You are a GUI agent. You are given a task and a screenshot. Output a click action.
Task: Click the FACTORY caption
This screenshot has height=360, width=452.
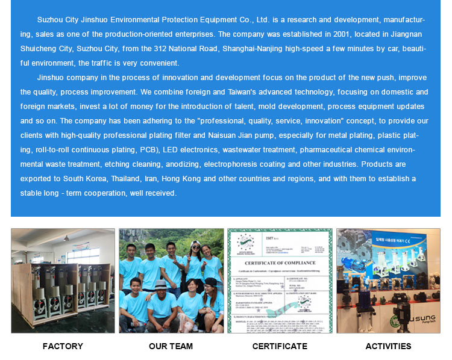pyautogui.click(x=63, y=346)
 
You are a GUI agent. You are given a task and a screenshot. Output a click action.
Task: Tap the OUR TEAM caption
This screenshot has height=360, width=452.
pyautogui.click(x=171, y=346)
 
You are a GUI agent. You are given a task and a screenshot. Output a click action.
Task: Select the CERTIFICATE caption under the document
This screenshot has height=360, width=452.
pyautogui.click(x=280, y=346)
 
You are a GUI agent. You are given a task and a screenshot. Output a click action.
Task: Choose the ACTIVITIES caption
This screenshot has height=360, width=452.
pyautogui.click(x=388, y=346)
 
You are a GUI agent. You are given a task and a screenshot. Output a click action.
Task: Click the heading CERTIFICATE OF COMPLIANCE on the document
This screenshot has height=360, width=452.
pyautogui.click(x=280, y=263)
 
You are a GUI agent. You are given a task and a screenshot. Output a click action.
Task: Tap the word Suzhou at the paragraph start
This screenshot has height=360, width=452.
pyautogui.click(x=50, y=20)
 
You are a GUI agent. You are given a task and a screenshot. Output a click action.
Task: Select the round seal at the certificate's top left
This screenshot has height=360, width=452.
pyautogui.click(x=245, y=242)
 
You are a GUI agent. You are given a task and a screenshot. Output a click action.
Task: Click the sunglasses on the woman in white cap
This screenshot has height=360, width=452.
pyautogui.click(x=195, y=247)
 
